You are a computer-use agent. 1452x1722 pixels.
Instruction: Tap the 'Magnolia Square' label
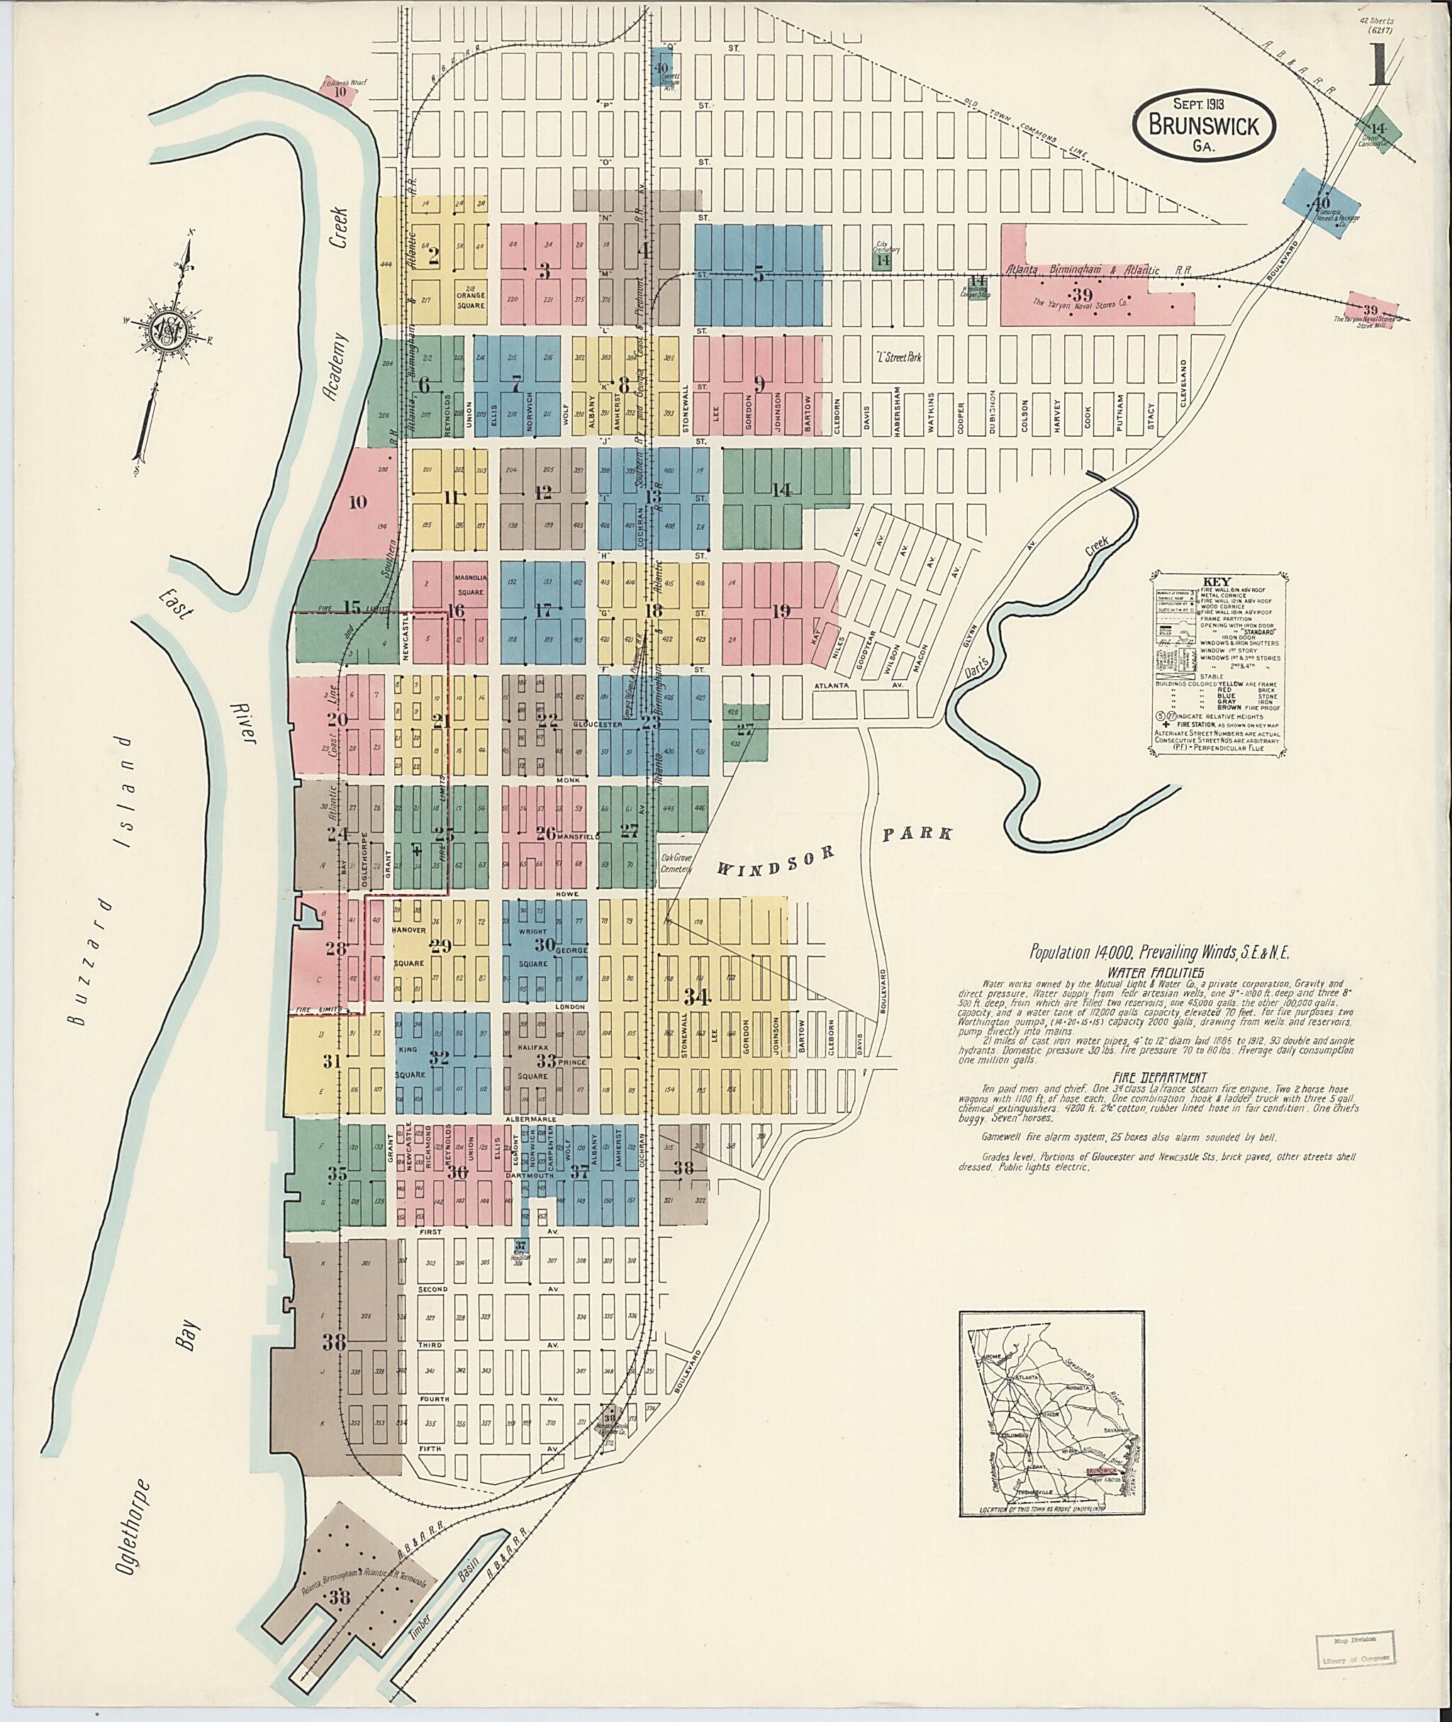point(471,583)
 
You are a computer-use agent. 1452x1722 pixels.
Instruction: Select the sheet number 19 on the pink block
point(781,611)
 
